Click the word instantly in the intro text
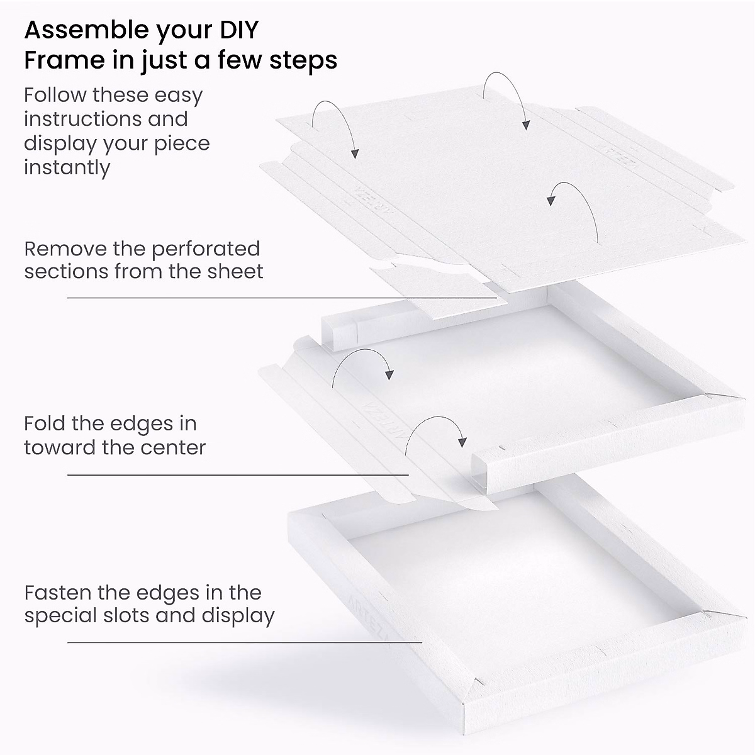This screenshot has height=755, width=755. [x=67, y=168]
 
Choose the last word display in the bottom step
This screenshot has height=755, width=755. [x=238, y=615]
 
